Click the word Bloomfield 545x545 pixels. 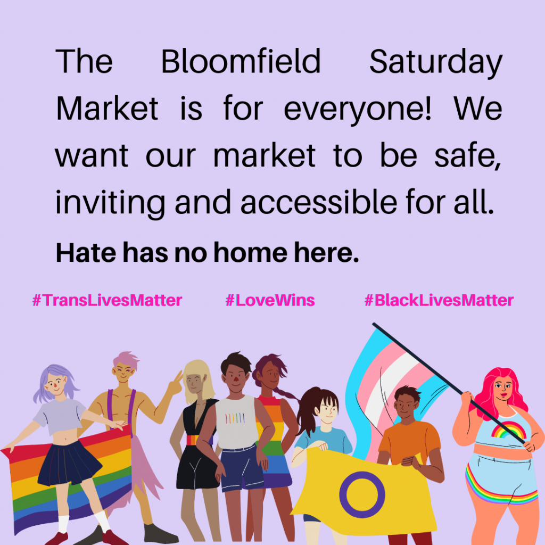(x=241, y=62)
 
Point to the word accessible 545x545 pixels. (x=319, y=202)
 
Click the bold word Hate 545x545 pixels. (x=86, y=252)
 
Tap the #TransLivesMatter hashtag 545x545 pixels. (x=107, y=300)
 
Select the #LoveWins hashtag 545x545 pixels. (x=270, y=300)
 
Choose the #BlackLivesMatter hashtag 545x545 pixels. (x=439, y=300)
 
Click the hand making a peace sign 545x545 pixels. (x=175, y=383)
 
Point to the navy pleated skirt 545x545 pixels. (x=69, y=463)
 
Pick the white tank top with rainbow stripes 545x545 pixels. (x=236, y=422)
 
